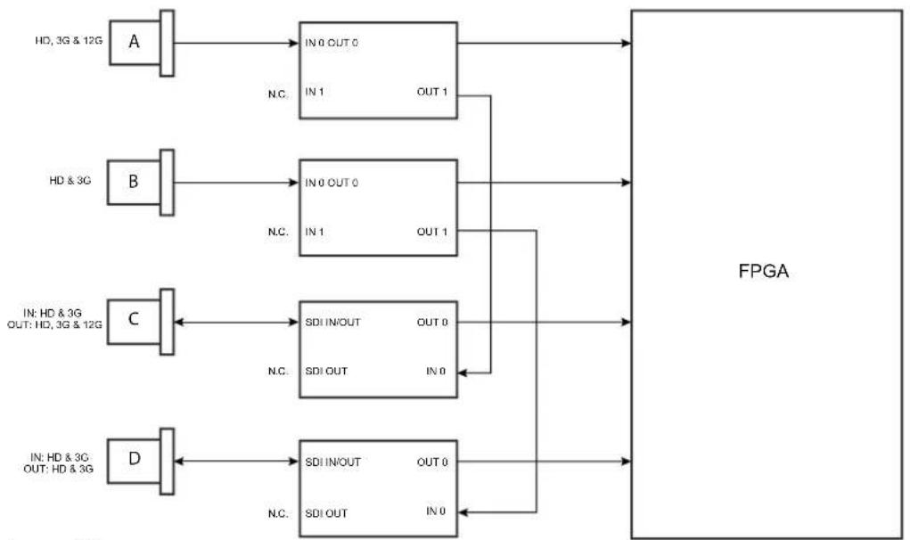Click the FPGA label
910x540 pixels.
coord(763,272)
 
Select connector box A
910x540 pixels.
coord(135,43)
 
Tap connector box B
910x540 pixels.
coord(134,182)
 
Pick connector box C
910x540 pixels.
coord(134,322)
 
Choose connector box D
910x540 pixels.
coord(134,461)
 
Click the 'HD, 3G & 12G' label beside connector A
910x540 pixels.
coord(69,41)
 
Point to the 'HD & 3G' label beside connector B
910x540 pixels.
coord(70,180)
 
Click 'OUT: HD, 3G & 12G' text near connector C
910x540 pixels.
coord(54,324)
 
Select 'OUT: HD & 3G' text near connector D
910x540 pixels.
coord(58,469)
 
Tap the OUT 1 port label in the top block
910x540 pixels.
coord(432,92)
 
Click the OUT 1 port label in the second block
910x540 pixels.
coord(432,232)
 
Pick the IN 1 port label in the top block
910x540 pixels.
coord(315,92)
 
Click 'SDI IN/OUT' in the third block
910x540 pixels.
coord(332,322)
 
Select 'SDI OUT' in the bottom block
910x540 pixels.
coord(326,513)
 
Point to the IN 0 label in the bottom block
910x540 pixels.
coord(436,511)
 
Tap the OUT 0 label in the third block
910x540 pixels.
coord(432,322)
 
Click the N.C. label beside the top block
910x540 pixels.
coord(278,94)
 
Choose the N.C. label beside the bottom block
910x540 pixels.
coord(278,513)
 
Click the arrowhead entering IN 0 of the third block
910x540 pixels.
coord(462,372)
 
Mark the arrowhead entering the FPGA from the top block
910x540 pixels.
coord(627,43)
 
